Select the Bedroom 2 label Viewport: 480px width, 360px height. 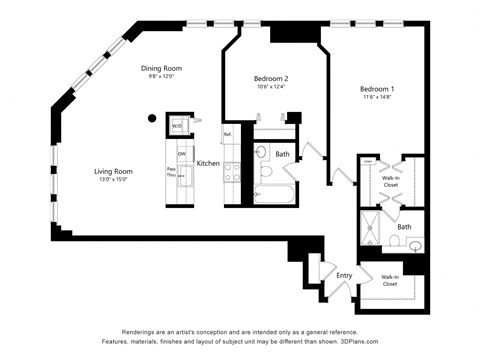[x=271, y=78]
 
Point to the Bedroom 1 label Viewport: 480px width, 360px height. [x=378, y=88]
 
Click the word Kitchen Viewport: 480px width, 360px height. [x=208, y=163]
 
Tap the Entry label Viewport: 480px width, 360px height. [x=344, y=275]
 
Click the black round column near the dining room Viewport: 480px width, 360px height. [x=152, y=118]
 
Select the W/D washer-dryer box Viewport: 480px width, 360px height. [x=177, y=126]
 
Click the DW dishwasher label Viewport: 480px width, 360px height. [x=181, y=153]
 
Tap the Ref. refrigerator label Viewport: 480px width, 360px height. [x=228, y=134]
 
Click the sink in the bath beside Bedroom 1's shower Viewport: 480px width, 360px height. [x=416, y=244]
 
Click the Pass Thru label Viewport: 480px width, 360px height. [x=172, y=171]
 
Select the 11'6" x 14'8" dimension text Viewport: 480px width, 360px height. [x=378, y=98]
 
